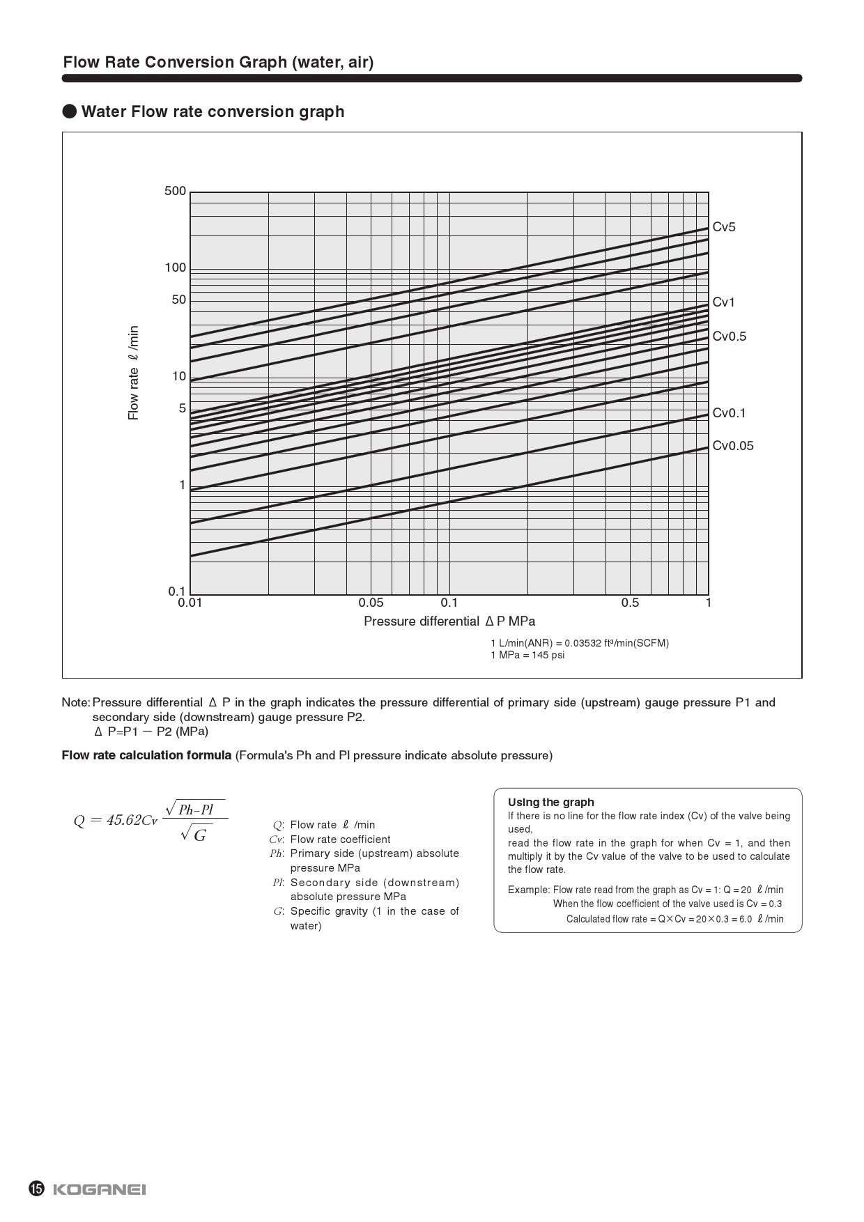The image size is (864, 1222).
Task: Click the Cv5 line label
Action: pos(723,227)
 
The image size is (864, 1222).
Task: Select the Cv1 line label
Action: pos(723,302)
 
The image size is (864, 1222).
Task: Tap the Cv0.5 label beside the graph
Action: pos(729,337)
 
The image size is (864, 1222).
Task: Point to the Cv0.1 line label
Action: pos(729,413)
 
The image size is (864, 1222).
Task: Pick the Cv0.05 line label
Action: pos(732,446)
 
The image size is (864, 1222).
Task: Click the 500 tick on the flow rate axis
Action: pos(176,191)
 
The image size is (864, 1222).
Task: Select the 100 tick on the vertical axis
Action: pos(176,268)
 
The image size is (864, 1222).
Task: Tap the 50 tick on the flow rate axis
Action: pos(179,300)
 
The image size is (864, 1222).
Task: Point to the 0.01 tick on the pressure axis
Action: pos(190,603)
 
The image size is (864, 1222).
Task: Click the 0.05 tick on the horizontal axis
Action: pos(371,603)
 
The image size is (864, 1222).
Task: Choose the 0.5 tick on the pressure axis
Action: pos(630,603)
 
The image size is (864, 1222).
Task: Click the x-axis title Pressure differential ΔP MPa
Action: pos(449,621)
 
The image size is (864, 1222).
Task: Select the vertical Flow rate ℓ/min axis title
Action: pos(133,373)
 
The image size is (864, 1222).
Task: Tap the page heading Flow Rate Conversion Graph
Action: pos(218,62)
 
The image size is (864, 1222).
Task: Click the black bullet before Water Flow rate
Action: pos(70,111)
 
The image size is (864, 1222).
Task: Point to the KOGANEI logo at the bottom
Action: pos(100,1189)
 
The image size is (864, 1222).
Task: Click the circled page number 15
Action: pos(36,1189)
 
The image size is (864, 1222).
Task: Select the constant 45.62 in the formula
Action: pos(124,820)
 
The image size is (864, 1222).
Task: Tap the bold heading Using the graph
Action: pos(550,802)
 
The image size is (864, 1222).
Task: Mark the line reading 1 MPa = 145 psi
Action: pos(527,655)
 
